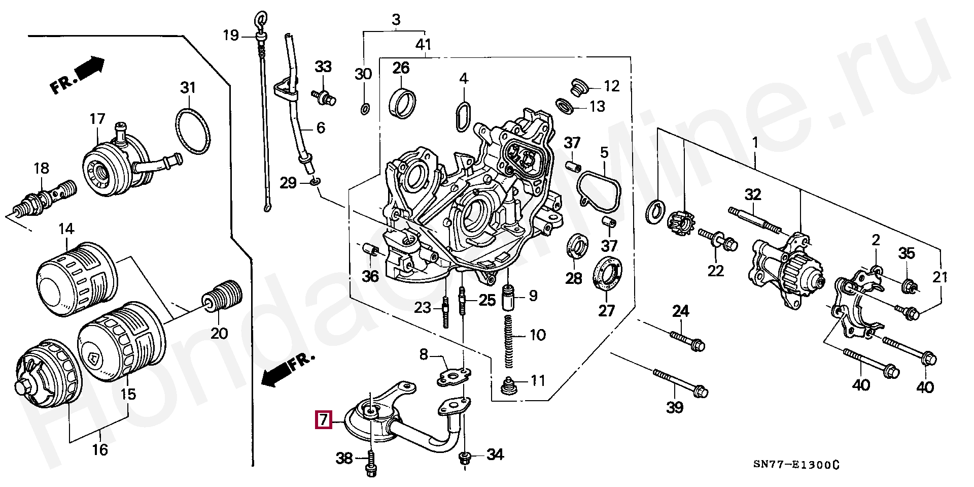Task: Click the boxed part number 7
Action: tap(324, 420)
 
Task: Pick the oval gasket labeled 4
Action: tap(463, 116)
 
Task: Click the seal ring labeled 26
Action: tap(402, 104)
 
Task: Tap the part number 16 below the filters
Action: tap(100, 449)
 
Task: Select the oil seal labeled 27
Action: tap(606, 274)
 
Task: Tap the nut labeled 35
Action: tap(909, 287)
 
